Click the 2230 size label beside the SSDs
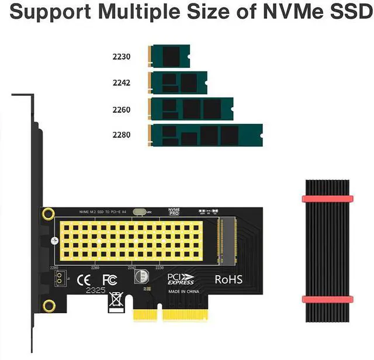(122, 57)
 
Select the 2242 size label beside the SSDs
(122, 83)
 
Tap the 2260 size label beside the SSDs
(122, 109)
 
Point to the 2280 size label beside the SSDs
(122, 135)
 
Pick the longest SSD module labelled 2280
(206, 136)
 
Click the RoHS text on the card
(228, 279)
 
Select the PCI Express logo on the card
(181, 279)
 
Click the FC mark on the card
(109, 280)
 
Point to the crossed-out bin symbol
(116, 300)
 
